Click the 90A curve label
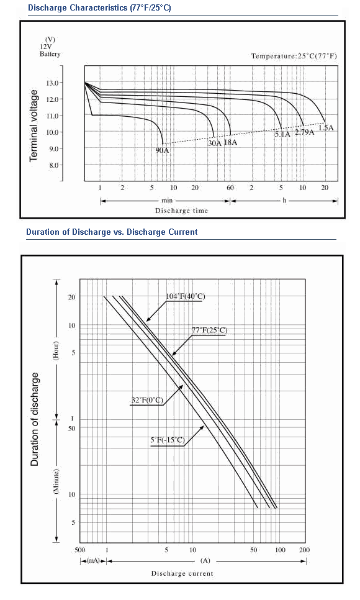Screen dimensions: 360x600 coord(162,150)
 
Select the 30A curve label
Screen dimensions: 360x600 coord(215,143)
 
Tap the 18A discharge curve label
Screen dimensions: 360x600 coord(230,142)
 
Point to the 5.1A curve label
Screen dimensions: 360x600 coord(282,134)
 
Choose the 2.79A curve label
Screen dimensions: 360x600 coord(305,132)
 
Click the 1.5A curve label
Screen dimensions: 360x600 coord(326,127)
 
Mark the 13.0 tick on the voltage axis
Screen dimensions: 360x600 coord(52,83)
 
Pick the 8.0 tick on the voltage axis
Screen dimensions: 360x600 coord(53,165)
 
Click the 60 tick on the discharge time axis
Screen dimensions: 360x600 coord(230,188)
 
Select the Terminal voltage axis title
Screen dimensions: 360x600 coord(34,125)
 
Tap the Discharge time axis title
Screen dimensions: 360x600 coord(181,211)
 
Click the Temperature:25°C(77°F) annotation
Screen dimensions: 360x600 coord(294,56)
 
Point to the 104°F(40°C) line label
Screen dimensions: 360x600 coord(186,296)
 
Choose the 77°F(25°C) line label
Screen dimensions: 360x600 coord(209,330)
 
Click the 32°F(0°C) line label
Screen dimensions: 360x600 coord(147,400)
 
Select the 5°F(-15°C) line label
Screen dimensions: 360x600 coord(168,440)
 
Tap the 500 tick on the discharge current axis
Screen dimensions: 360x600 coord(79,550)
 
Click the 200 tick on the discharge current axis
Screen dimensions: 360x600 coord(305,550)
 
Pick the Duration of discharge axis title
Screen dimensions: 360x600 coord(35,419)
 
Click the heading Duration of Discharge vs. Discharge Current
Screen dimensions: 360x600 coord(112,232)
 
